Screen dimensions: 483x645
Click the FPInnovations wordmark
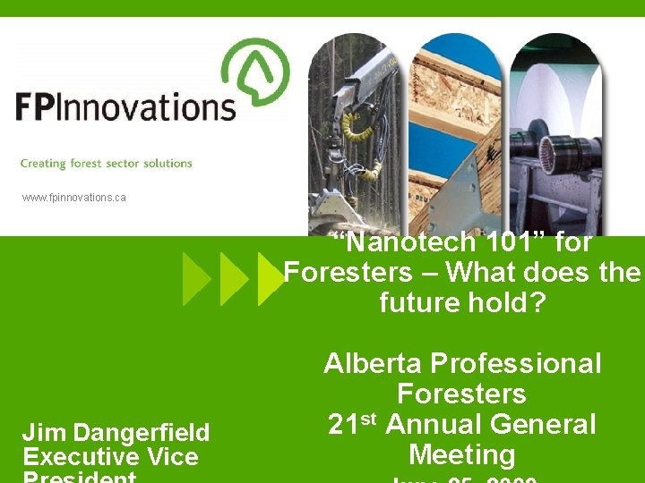(125, 106)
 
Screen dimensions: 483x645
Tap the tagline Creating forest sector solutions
(106, 164)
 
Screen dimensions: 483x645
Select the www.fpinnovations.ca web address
(74, 197)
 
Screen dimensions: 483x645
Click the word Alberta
(374, 363)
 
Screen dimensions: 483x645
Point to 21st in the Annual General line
(353, 423)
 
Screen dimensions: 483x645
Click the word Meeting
(462, 454)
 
